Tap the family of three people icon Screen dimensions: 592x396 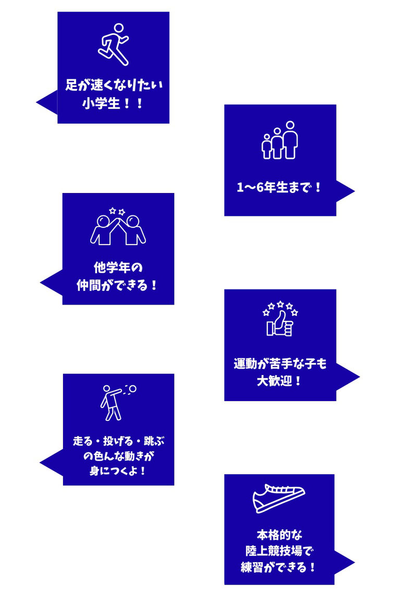[x=279, y=140]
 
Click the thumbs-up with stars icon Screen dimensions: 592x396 [x=280, y=319]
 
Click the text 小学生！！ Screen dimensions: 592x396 [x=113, y=103]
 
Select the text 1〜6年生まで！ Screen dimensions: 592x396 [x=280, y=187]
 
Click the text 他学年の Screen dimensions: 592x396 [x=118, y=268]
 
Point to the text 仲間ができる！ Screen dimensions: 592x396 [x=118, y=285]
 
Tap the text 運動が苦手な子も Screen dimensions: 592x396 [x=280, y=364]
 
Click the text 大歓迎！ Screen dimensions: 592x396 [x=280, y=380]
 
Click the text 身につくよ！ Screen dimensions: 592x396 [x=118, y=470]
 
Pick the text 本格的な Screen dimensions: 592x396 [x=279, y=535]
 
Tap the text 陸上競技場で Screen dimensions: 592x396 [x=279, y=551]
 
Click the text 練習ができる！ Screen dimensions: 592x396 [x=279, y=567]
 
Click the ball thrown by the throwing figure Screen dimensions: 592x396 [x=132, y=389]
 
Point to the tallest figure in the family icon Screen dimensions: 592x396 [x=290, y=139]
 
